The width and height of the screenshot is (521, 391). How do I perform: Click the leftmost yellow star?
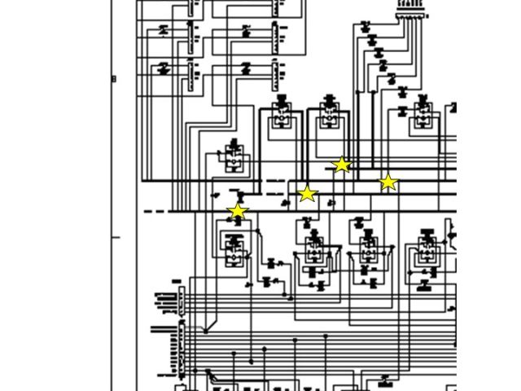coord(237,212)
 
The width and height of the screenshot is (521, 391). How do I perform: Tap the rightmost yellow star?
coord(388,182)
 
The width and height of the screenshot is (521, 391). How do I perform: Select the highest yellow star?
coord(342,165)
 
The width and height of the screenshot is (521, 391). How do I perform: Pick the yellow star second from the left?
coord(306,194)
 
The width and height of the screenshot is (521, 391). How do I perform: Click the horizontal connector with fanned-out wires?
coord(411,15)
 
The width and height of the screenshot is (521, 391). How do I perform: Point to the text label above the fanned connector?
coord(411,4)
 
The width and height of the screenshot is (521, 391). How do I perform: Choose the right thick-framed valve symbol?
coord(329,117)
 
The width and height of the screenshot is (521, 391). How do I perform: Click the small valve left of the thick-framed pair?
coord(234,157)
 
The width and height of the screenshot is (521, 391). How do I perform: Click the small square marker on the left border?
coord(114,79)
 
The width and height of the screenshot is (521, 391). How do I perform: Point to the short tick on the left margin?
coord(116,238)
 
